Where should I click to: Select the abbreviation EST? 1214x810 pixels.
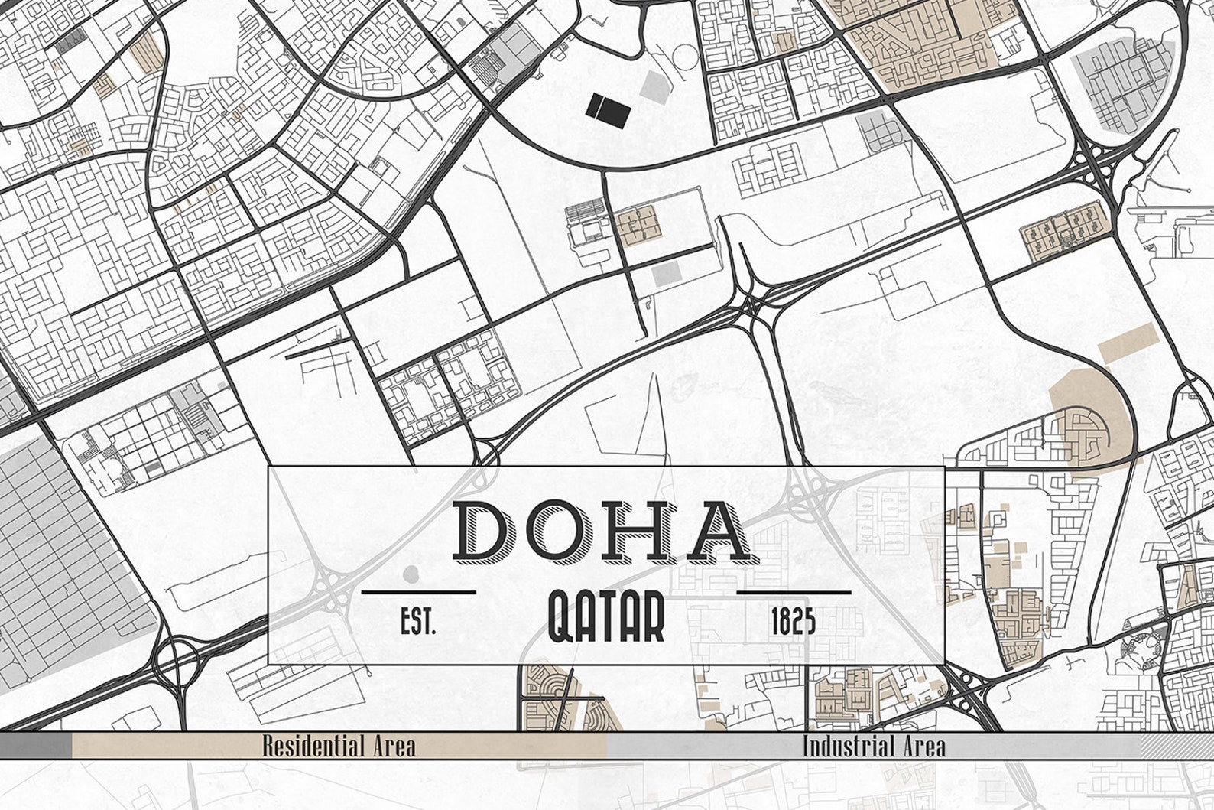coord(418,622)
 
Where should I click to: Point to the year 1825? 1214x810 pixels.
coord(794,622)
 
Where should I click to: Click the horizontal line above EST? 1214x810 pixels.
coord(418,591)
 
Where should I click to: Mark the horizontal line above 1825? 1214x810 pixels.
coord(794,591)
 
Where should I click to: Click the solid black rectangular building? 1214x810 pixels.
coord(609,109)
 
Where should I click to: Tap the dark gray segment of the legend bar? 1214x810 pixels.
coord(36,746)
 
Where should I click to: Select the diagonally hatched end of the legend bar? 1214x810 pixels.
coord(1177,746)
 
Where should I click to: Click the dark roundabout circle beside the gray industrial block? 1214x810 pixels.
coord(177,655)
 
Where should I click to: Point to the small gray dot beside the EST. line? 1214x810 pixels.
coord(411,573)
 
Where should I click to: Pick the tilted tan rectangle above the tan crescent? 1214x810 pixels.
coord(1128,341)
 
